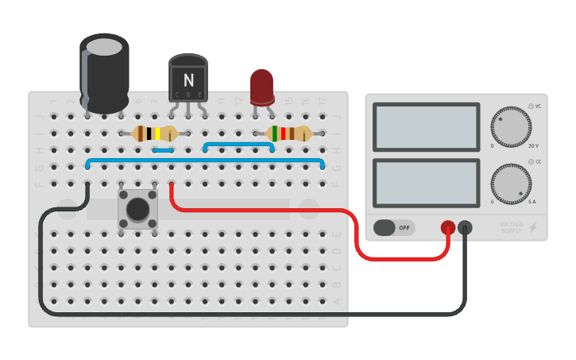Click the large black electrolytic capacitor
tap(104, 73)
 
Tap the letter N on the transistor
tap(188, 79)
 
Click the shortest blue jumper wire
tap(164, 149)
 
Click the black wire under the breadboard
tap(238, 314)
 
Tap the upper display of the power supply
tap(425, 127)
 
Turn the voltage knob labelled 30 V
tap(510, 126)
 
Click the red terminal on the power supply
tap(448, 228)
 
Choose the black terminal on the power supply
tap(465, 228)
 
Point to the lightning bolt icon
tap(532, 228)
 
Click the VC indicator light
tap(530, 106)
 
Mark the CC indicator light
tap(530, 162)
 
